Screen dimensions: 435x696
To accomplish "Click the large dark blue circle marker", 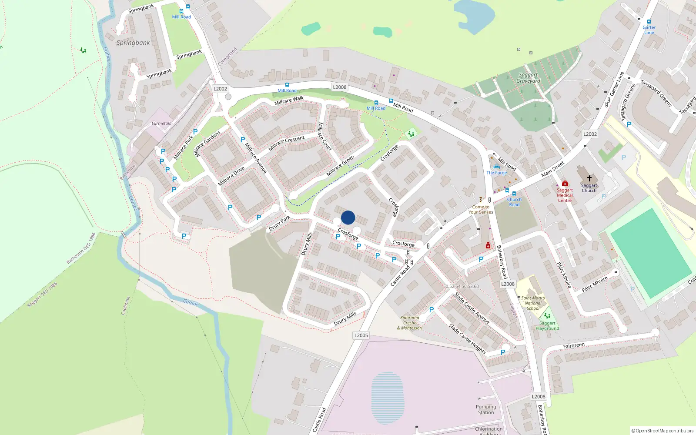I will [x=348, y=217].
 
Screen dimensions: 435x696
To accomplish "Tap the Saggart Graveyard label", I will [x=529, y=78].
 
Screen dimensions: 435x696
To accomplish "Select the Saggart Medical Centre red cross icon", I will [x=565, y=183].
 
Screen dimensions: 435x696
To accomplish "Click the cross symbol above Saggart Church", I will [x=589, y=178].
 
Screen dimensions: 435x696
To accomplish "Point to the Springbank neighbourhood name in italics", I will [x=133, y=43].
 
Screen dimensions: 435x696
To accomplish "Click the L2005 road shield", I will [x=361, y=335].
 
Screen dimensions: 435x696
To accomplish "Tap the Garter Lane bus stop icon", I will [x=649, y=22].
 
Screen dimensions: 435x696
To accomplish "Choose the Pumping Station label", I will [x=486, y=409].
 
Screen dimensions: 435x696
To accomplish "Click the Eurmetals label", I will [x=161, y=124].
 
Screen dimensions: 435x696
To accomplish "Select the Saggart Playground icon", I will [x=547, y=316].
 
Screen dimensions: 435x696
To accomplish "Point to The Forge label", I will [x=496, y=173].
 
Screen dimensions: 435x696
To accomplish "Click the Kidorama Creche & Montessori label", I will [x=410, y=323].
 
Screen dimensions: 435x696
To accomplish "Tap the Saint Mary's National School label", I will [x=533, y=303].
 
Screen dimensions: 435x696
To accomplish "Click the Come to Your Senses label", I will [x=481, y=210].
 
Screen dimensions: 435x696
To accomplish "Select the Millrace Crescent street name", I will [x=286, y=143].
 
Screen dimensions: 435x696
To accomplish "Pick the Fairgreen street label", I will [x=574, y=346].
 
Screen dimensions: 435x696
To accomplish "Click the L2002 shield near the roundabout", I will [x=220, y=89].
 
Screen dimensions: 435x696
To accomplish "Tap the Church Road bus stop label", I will [x=514, y=202].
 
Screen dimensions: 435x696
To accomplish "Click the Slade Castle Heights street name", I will [x=467, y=338].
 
